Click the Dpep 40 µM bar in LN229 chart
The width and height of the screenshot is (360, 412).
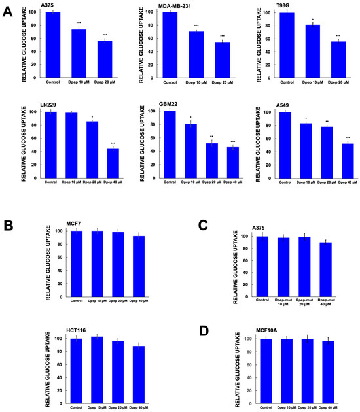115,163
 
